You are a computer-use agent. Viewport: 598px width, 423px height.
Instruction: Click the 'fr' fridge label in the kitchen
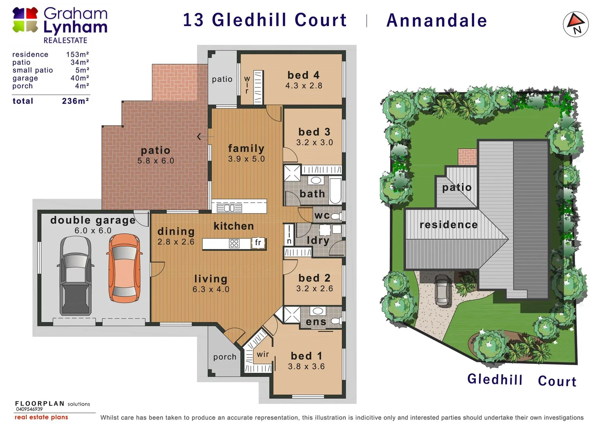[x=258, y=242]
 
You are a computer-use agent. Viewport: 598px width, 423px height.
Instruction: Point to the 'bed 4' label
[x=303, y=75]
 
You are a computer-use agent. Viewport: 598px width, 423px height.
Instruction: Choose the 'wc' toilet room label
[x=322, y=215]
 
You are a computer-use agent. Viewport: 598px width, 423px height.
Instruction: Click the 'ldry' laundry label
[x=318, y=240]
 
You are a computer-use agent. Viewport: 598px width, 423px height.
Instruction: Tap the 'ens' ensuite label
[x=316, y=322]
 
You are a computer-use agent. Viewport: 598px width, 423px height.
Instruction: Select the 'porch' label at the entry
[x=225, y=357]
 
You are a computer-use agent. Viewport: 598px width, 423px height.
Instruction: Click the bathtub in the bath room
[x=335, y=191]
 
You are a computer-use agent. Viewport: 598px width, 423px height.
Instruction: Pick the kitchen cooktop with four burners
[x=234, y=244]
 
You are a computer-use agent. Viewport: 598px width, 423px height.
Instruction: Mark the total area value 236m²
[x=76, y=101]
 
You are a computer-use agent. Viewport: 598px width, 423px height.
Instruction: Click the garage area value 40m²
[x=80, y=78]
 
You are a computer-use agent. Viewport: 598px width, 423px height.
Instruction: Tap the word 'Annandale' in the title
[x=436, y=20]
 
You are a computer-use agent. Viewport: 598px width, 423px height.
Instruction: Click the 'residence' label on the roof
[x=448, y=225]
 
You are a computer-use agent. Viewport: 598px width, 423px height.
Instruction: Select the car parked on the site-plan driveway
[x=443, y=290]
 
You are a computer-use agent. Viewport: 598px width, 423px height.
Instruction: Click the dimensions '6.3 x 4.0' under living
[x=211, y=289]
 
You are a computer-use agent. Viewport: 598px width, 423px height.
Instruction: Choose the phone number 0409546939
[x=29, y=409]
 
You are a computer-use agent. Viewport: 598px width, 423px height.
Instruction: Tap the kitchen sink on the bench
[x=230, y=208]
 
